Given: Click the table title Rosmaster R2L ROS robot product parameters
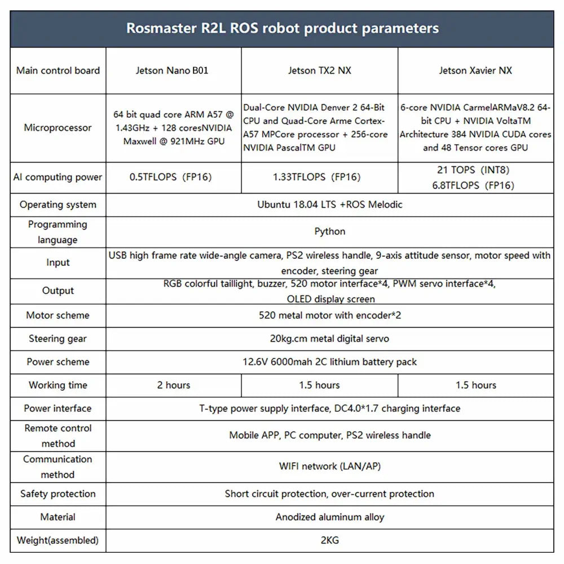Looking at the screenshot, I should click(282, 28).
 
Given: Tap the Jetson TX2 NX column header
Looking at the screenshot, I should click(319, 70).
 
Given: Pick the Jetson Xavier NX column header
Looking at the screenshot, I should click(475, 70).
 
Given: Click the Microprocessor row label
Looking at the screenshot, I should click(58, 127).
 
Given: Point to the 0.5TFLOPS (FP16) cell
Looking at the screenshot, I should click(173, 177).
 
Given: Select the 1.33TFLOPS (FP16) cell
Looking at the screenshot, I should click(319, 177).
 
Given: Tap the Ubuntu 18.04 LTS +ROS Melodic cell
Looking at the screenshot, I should click(330, 204).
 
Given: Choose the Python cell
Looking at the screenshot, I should click(330, 231).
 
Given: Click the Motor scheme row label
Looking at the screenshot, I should click(58, 315).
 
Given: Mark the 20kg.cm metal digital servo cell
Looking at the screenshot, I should click(330, 338).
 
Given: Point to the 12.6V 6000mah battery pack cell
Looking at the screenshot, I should click(330, 362).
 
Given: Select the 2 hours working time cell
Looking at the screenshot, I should click(173, 385).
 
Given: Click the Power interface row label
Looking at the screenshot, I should click(58, 408).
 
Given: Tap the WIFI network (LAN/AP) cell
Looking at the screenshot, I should click(330, 466).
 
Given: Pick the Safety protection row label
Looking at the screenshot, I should click(58, 494).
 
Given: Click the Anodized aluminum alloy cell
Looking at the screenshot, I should click(330, 517).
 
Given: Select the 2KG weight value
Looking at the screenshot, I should click(330, 540).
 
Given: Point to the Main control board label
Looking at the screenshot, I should click(58, 70).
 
